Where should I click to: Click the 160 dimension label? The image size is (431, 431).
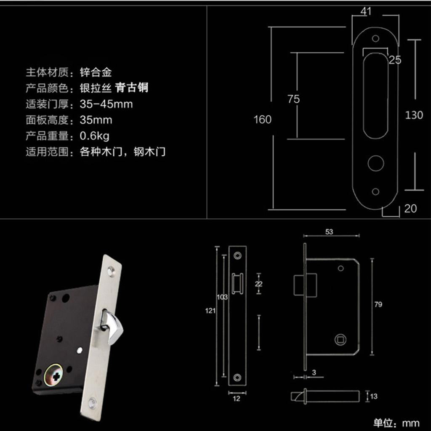[262, 120]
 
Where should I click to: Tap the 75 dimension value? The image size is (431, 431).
[293, 99]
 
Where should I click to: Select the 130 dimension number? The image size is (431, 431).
[414, 115]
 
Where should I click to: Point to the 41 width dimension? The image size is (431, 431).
[366, 11]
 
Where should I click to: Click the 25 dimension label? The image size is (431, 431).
[395, 60]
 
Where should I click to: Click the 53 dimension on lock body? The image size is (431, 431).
[330, 231]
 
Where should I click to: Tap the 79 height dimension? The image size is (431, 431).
[378, 304]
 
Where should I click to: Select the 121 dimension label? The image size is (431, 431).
[211, 311]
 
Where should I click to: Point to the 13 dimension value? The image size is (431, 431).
[374, 396]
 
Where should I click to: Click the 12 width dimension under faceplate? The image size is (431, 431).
[237, 398]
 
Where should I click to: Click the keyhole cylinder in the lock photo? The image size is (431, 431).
[55, 375]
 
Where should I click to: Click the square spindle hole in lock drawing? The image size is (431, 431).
[339, 339]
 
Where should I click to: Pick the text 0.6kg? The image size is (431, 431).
[95, 136]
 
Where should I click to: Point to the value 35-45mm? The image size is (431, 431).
[106, 104]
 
